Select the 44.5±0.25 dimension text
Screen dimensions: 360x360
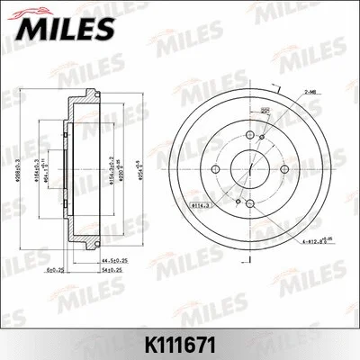(113, 261)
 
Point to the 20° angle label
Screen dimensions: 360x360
(265, 111)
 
